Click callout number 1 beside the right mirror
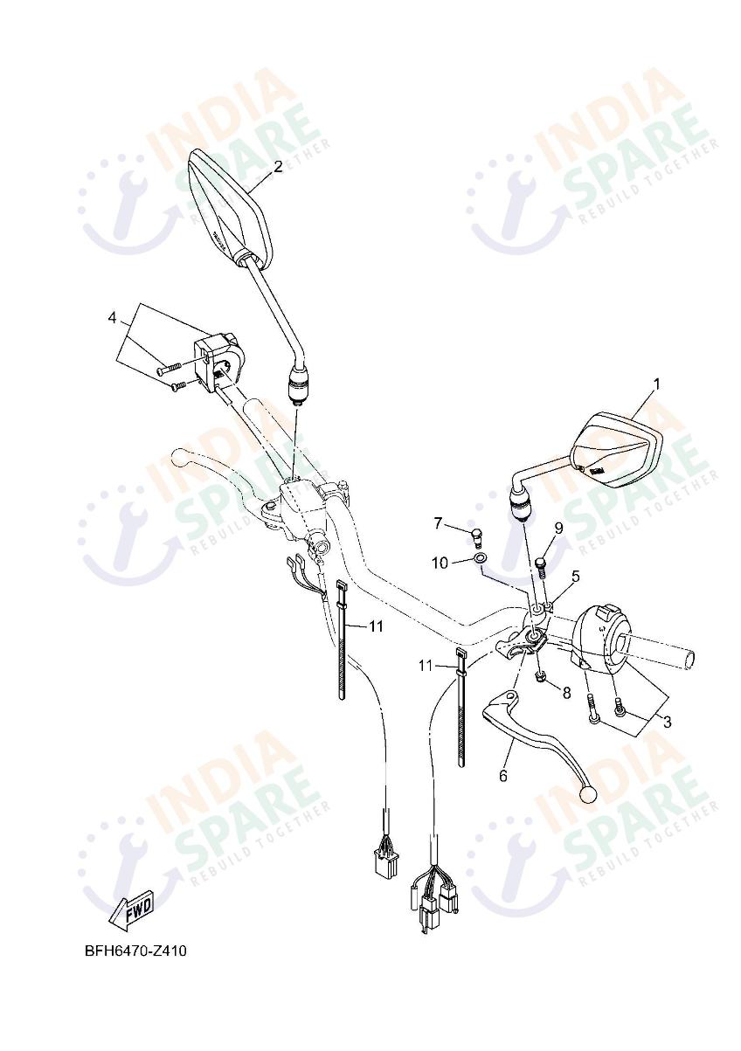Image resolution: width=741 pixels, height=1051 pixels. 657,384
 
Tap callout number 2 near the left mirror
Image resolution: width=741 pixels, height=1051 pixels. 278,167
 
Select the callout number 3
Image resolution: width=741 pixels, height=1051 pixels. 667,722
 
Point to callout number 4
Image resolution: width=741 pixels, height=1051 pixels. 112,317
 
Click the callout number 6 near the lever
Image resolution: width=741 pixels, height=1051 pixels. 503,775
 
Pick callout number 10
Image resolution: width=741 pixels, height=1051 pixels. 440,563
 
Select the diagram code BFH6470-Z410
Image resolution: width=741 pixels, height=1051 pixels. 135,951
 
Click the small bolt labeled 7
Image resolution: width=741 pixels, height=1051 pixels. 477,536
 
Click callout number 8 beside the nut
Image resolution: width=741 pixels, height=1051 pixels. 565,693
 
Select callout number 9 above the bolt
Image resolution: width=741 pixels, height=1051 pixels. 557,528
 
